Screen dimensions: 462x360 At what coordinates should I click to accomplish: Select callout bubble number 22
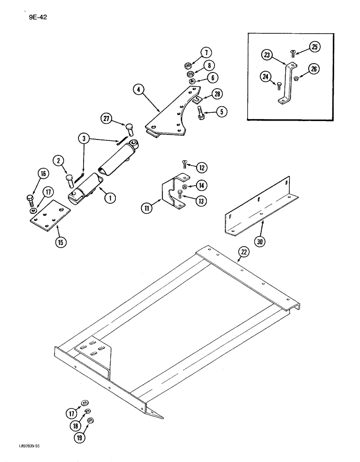pyautogui.click(x=244, y=251)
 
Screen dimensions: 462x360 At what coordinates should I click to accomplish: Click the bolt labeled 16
pyautogui.click(x=30, y=200)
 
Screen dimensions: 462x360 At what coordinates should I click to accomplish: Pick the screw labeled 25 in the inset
pyautogui.click(x=292, y=53)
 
